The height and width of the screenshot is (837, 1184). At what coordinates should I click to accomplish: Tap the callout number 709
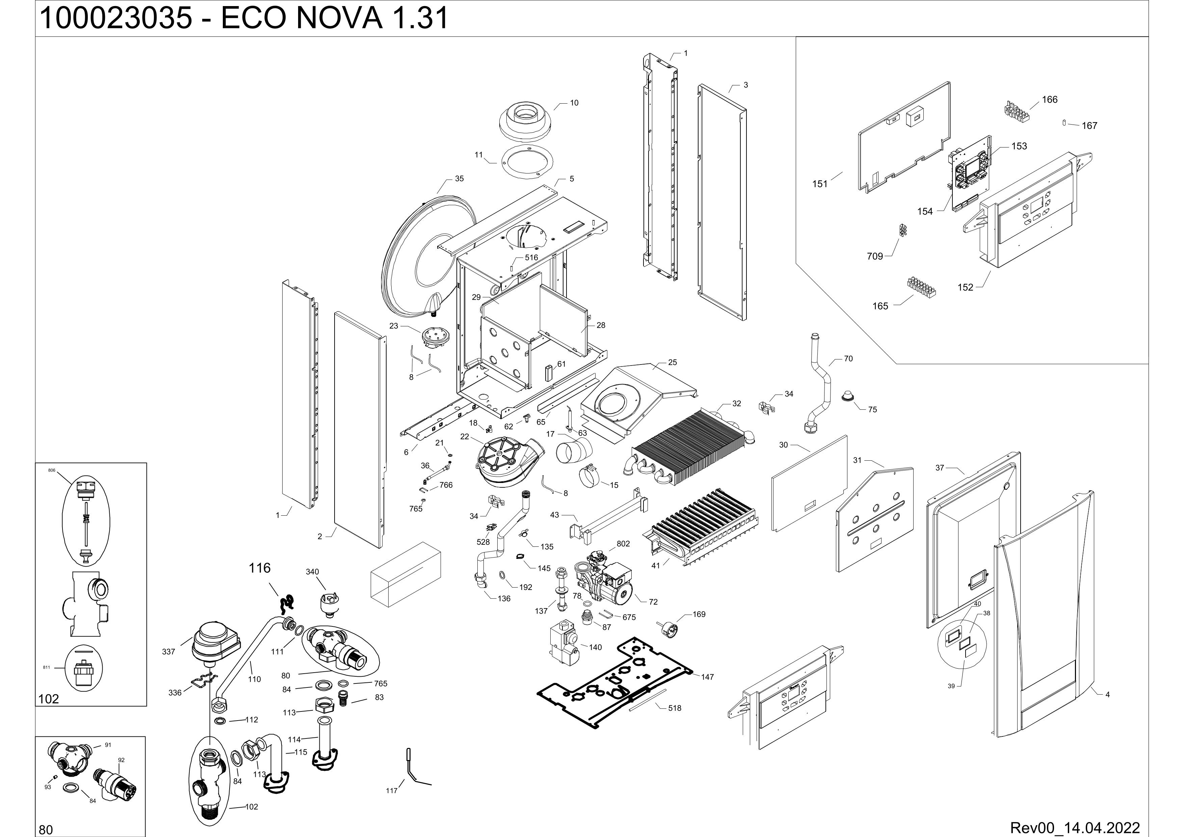click(x=875, y=256)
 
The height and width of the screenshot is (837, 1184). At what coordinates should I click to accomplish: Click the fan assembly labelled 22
click(x=503, y=462)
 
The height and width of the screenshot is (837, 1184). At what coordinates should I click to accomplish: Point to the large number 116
click(x=259, y=568)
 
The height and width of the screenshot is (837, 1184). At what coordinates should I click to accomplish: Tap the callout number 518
click(x=675, y=708)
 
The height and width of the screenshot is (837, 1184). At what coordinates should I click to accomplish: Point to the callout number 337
click(x=168, y=652)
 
